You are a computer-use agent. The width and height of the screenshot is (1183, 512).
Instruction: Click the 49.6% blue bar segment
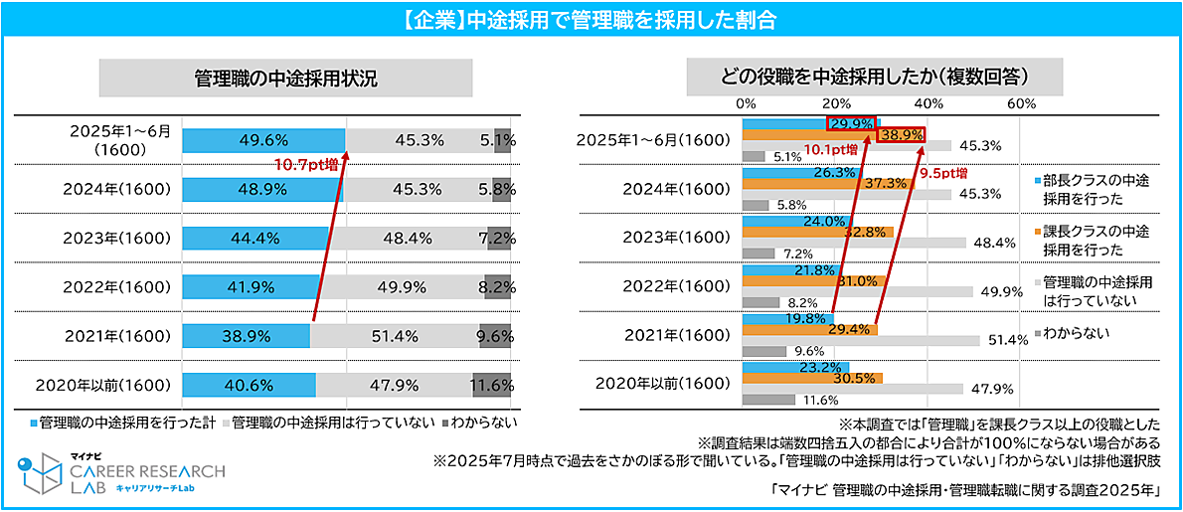pyautogui.click(x=263, y=141)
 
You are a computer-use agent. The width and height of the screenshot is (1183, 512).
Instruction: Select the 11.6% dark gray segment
pyautogui.click(x=492, y=385)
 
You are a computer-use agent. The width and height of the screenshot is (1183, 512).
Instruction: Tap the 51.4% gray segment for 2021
pyautogui.click(x=395, y=336)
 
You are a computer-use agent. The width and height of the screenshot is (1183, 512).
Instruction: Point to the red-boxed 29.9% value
pyautogui.click(x=851, y=123)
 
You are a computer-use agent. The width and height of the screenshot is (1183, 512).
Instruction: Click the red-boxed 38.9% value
pyautogui.click(x=902, y=135)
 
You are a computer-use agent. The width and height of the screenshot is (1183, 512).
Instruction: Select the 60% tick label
pyautogui.click(x=1021, y=103)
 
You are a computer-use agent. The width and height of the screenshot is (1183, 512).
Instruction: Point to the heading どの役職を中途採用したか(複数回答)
pyautogui.click(x=875, y=77)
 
